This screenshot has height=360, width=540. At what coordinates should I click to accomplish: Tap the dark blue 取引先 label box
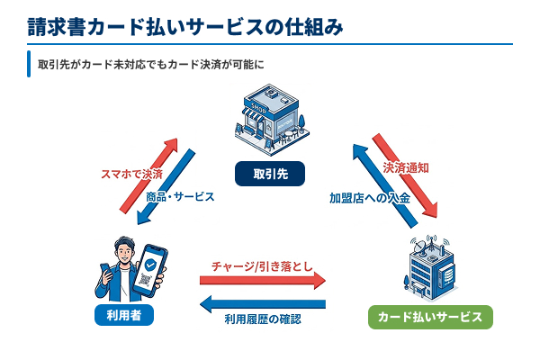269,172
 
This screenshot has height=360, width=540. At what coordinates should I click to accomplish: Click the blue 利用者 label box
123,315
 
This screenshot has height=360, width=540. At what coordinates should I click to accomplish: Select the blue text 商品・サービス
180,195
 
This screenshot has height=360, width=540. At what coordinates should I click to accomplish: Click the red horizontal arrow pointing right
262,281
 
